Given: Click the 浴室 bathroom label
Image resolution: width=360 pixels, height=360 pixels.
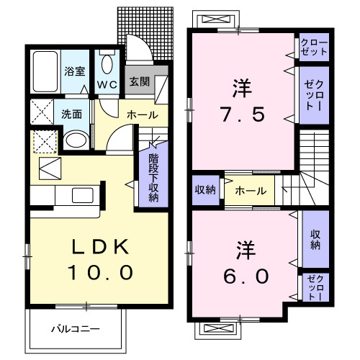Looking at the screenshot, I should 75,72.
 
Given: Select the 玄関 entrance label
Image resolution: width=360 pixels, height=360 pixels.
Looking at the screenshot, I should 139,81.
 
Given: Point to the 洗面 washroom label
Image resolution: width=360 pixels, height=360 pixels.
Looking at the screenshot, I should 71,114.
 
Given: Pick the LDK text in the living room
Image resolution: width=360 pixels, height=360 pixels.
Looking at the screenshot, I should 101,248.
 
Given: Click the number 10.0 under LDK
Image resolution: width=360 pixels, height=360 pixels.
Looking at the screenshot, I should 101,273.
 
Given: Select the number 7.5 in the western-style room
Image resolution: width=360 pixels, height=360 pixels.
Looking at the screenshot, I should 242,114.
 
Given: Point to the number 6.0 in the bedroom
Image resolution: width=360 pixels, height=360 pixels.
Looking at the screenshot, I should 242,275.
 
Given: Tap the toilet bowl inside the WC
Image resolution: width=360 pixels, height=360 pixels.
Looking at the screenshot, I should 107,66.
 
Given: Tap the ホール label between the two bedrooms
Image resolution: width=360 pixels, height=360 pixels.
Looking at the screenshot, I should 250,191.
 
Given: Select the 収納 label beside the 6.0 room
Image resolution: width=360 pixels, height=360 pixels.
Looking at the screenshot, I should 315,239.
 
